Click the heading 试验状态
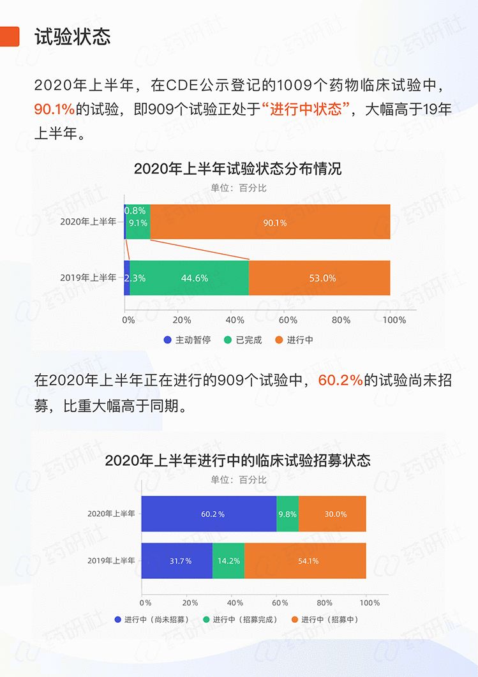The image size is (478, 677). click(72, 36)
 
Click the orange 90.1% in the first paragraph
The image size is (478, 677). click(54, 109)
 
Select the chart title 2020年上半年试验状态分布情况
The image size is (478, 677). click(237, 169)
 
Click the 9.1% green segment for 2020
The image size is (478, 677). click(138, 223)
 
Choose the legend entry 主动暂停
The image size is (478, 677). click(186, 340)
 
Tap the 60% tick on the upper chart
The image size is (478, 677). click(288, 320)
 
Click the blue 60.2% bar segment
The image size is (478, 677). click(209, 514)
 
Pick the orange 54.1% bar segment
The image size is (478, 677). click(305, 561)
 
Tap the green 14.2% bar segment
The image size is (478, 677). click(228, 561)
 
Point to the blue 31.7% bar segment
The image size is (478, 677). click(177, 561)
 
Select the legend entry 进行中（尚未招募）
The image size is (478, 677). click(151, 620)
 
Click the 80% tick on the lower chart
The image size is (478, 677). click(324, 602)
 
